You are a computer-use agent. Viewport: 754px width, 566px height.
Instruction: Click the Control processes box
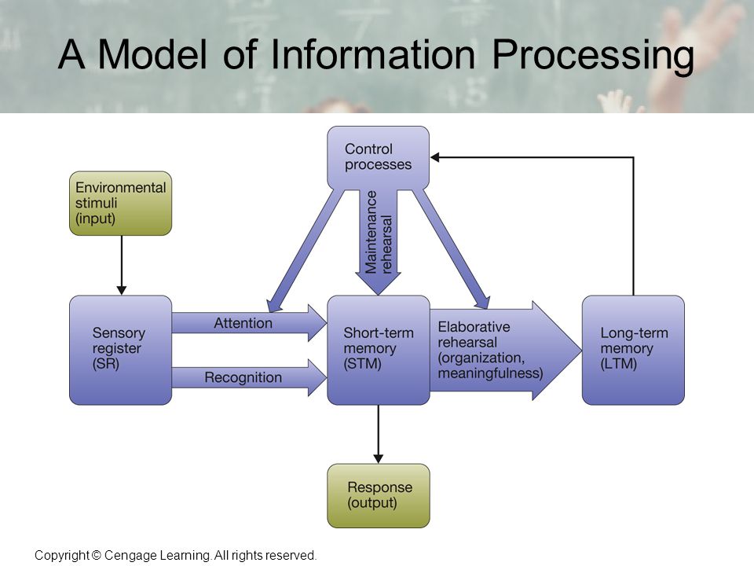(x=378, y=158)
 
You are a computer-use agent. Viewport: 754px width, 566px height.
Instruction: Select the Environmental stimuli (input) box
(x=120, y=203)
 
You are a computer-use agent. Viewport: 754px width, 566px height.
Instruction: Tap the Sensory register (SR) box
(x=120, y=350)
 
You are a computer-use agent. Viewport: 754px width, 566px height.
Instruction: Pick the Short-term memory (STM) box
(x=378, y=350)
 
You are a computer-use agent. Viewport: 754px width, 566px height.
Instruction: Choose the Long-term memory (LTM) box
(x=633, y=350)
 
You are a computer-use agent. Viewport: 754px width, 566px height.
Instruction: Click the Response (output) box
(x=378, y=496)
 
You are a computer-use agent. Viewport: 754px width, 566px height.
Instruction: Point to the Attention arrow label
(x=243, y=323)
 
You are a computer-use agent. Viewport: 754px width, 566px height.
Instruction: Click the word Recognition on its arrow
(x=243, y=377)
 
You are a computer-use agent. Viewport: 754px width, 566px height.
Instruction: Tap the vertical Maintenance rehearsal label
(x=379, y=232)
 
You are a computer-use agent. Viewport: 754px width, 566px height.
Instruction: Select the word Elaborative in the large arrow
(x=474, y=327)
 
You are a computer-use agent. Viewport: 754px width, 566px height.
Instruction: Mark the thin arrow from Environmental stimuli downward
(x=121, y=265)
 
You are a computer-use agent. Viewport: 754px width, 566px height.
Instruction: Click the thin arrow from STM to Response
(x=378, y=434)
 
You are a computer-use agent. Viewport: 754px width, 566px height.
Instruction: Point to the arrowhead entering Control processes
(x=434, y=157)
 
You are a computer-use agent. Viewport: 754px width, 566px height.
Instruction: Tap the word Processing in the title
(x=593, y=57)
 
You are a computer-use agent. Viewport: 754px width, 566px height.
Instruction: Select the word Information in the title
(x=372, y=54)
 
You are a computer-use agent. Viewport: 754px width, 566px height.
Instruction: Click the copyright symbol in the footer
(x=96, y=556)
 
